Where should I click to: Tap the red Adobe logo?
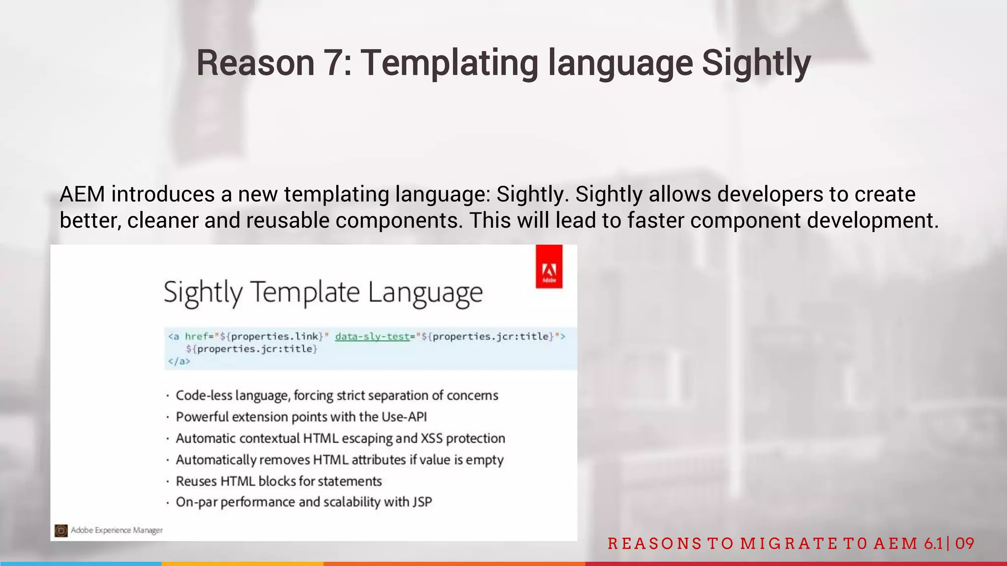coord(549,267)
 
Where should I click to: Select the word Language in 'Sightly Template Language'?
coord(425,293)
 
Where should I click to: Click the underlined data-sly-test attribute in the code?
coord(372,336)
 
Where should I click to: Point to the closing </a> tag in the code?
coord(178,361)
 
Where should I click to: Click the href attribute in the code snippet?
coord(196,336)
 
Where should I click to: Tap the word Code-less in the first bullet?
coord(204,396)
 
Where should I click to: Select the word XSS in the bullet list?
coord(432,438)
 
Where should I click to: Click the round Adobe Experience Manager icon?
coord(61,531)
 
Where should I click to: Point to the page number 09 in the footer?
coord(964,543)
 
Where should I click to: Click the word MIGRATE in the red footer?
coord(786,543)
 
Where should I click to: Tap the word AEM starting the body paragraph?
coord(82,194)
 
